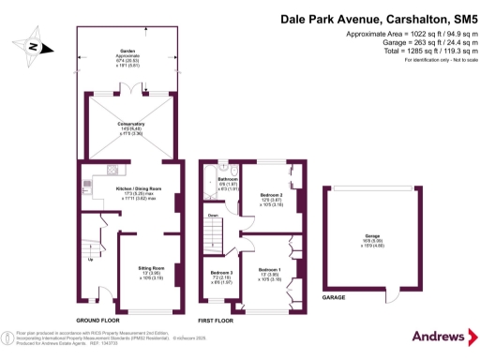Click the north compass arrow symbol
coord(34,45)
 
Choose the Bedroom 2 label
coord(272,195)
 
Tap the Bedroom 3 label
coord(220,274)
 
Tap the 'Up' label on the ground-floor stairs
coord(91,259)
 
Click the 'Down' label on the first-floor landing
coord(213,215)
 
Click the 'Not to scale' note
coord(449,61)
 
